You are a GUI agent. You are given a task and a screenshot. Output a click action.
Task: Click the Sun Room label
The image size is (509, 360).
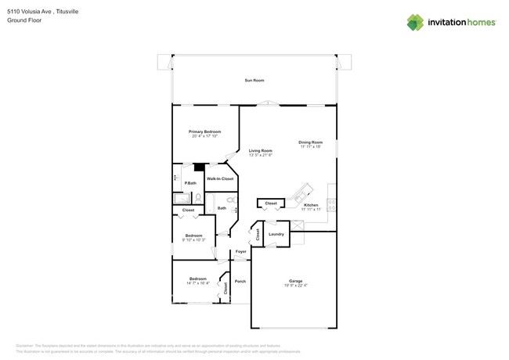[x=254, y=81]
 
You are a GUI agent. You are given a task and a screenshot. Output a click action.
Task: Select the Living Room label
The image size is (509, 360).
[x=261, y=150]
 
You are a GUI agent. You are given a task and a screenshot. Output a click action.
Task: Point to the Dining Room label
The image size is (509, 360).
[x=310, y=142]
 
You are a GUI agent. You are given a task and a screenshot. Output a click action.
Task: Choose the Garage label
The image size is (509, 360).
[x=295, y=281]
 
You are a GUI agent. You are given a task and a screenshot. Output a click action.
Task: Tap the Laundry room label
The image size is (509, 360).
[x=276, y=234]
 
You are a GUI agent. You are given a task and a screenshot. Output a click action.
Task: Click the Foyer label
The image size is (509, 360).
[x=241, y=251]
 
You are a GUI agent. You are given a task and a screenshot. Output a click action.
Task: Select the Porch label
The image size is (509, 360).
[x=240, y=282]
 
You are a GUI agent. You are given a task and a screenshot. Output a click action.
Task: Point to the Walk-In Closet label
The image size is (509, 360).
[x=219, y=179]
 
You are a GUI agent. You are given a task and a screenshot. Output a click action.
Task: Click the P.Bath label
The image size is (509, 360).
[x=190, y=183]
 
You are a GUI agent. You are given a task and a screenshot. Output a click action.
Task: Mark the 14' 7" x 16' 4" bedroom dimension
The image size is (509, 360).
[x=198, y=283]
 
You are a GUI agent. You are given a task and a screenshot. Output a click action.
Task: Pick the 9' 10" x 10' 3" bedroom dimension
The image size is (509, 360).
[x=193, y=240]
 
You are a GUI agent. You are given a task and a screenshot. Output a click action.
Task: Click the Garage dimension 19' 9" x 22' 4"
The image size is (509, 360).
[x=295, y=286]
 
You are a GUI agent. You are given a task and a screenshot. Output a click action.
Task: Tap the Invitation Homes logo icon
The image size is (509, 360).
[x=416, y=22]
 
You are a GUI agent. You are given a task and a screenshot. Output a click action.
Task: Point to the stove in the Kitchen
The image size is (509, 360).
[x=332, y=205]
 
